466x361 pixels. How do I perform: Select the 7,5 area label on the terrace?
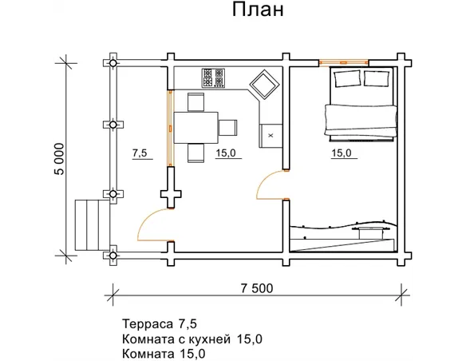pos(139,154)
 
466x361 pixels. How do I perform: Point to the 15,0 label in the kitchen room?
pos(226,154)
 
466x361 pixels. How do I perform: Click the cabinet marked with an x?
pos(271,135)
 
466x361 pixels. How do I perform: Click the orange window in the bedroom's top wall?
pos(343,61)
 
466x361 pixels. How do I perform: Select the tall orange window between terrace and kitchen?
pos(169,128)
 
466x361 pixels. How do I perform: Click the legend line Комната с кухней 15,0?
pos(192,339)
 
